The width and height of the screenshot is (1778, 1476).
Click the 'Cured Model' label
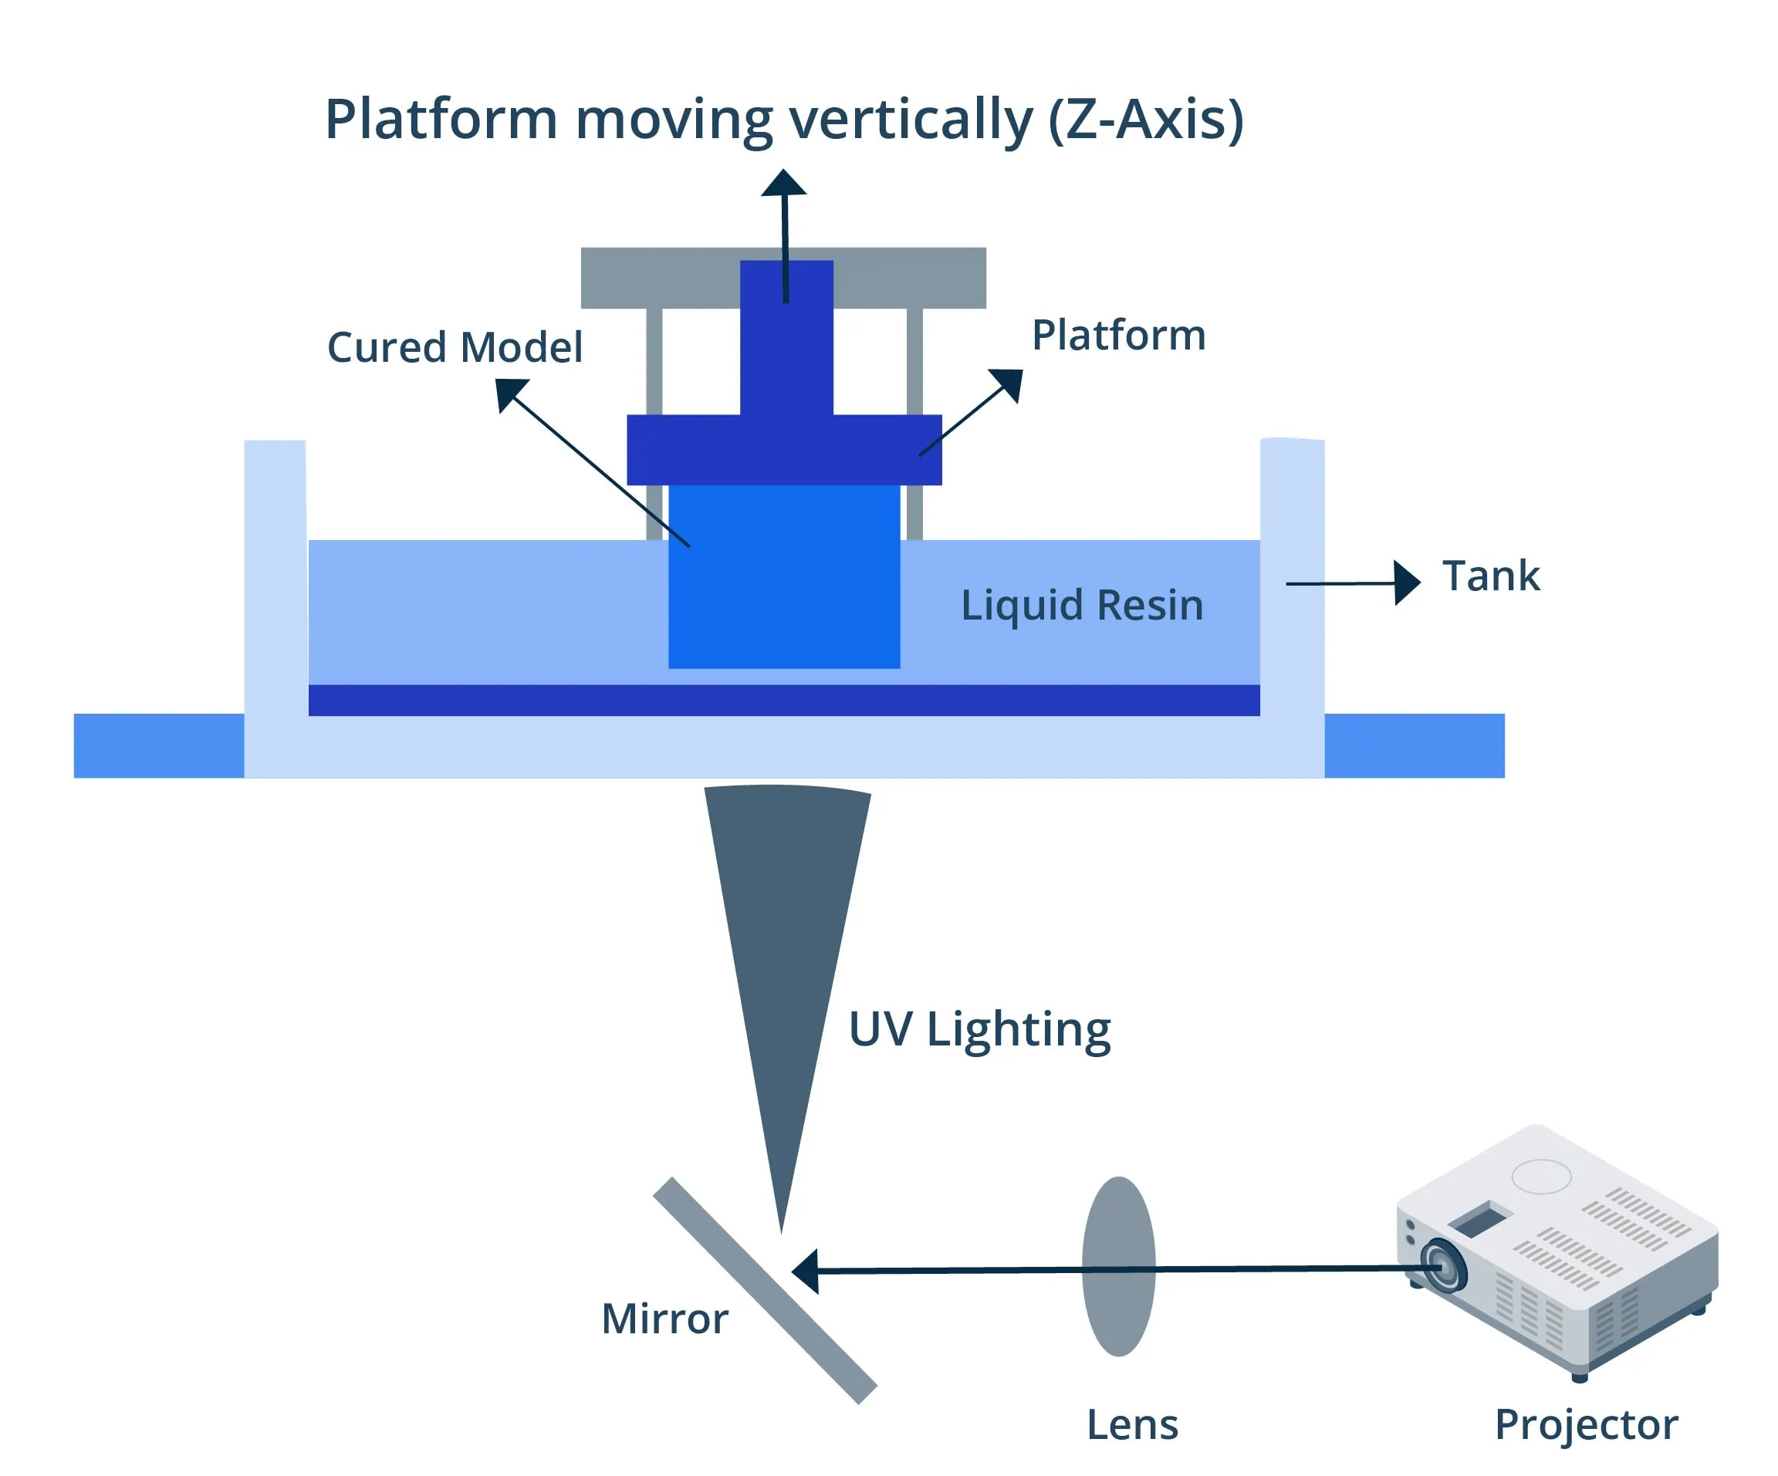click(455, 348)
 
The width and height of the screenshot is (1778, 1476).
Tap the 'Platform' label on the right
click(1117, 335)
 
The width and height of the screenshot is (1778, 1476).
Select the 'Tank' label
click(1491, 576)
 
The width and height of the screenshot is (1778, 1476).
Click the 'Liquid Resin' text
click(1081, 605)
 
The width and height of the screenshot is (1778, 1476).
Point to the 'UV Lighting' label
click(979, 1029)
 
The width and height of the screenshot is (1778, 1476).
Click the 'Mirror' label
click(664, 1319)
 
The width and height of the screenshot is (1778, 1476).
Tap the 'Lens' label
click(1132, 1424)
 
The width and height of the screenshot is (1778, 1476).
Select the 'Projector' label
click(1586, 1424)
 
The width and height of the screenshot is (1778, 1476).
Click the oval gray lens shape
click(1118, 1267)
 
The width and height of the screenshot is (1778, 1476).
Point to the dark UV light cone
click(786, 931)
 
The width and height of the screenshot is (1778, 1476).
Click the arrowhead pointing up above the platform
click(783, 184)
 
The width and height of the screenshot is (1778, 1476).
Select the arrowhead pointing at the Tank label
click(1405, 583)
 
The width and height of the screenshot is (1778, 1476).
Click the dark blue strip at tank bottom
click(784, 701)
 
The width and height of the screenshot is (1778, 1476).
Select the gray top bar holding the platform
click(661, 278)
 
